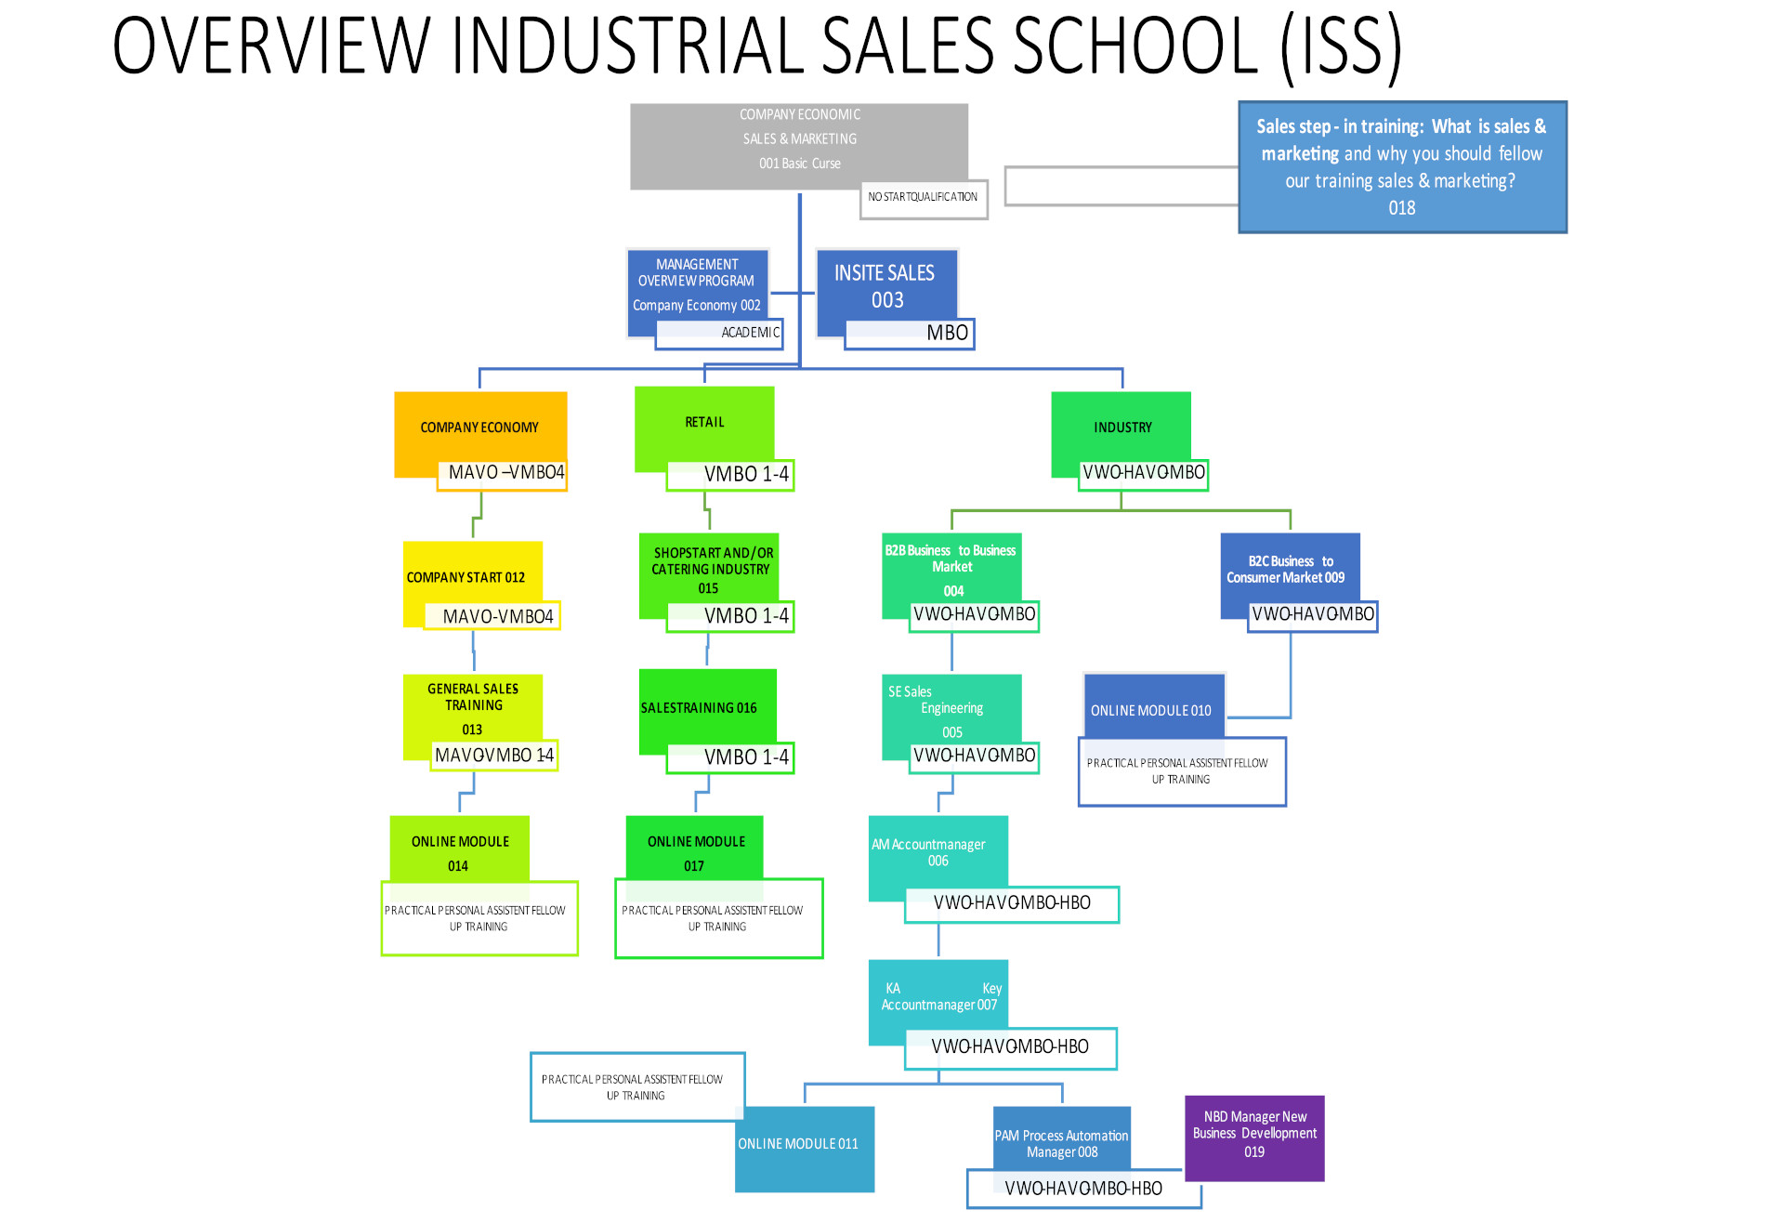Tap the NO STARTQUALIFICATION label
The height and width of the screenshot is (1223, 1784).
point(923,198)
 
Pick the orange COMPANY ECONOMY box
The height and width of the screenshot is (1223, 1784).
point(479,427)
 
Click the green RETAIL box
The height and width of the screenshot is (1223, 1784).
point(704,423)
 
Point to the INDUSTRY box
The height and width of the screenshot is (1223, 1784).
point(1122,427)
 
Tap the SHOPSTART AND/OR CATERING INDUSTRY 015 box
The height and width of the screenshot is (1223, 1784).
point(710,569)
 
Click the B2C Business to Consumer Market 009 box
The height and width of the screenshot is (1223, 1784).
point(1290,570)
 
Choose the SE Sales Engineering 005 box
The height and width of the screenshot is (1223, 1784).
point(951,711)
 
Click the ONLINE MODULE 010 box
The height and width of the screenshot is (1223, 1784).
point(1152,709)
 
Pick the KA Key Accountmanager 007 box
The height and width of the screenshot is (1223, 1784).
point(938,997)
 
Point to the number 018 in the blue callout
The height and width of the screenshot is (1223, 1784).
point(1401,208)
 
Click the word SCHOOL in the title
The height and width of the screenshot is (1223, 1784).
point(1135,46)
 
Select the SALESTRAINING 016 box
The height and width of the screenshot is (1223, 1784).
point(699,707)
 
